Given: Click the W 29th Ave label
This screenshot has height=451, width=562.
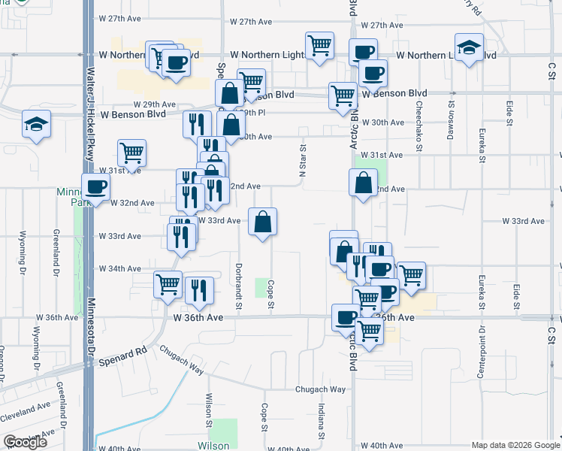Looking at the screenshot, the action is click(155, 104).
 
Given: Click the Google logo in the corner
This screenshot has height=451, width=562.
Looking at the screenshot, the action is click(25, 442).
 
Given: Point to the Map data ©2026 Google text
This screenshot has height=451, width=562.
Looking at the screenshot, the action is click(515, 445).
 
